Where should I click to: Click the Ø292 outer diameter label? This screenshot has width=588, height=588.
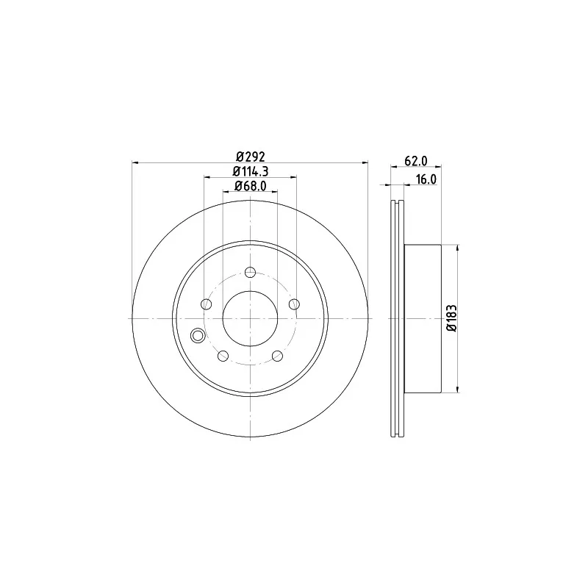(x=251, y=156)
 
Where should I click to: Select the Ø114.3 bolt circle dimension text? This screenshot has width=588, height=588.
(x=251, y=171)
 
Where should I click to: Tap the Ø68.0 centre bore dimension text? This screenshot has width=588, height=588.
(x=251, y=186)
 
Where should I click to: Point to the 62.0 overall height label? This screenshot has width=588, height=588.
(x=416, y=161)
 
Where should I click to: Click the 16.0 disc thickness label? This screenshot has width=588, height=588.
(x=426, y=179)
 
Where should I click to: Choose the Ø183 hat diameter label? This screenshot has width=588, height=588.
(x=452, y=318)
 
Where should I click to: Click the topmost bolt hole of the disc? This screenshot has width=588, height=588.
(x=250, y=272)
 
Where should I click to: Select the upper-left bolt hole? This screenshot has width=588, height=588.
(x=207, y=304)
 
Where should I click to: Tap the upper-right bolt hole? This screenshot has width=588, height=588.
(x=295, y=304)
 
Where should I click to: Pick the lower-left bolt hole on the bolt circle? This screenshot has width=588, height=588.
(x=223, y=356)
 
